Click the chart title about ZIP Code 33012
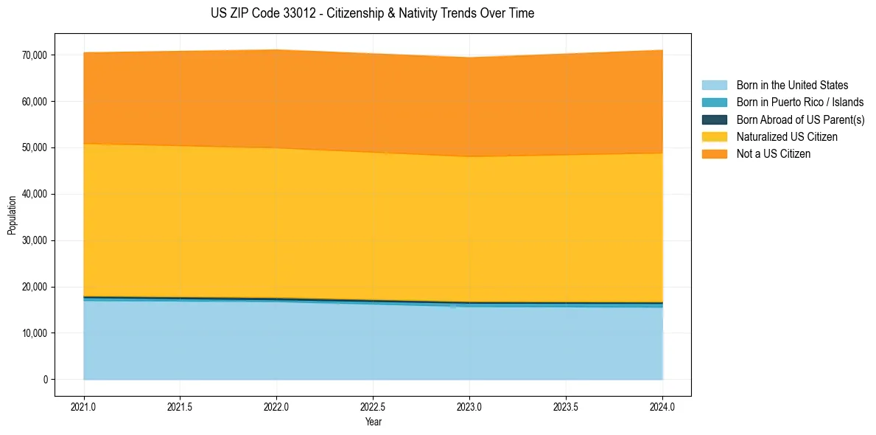(372, 13)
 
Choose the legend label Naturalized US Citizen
(786, 137)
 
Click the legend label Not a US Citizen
(773, 154)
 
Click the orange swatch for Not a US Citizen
(714, 154)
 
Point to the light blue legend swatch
(714, 86)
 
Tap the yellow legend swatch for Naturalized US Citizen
(714, 137)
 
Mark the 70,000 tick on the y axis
(35, 55)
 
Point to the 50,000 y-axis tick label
(35, 148)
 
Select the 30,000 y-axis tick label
(35, 240)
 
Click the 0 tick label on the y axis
(45, 380)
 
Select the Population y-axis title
(12, 215)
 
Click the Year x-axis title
(373, 422)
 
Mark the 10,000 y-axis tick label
(35, 333)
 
